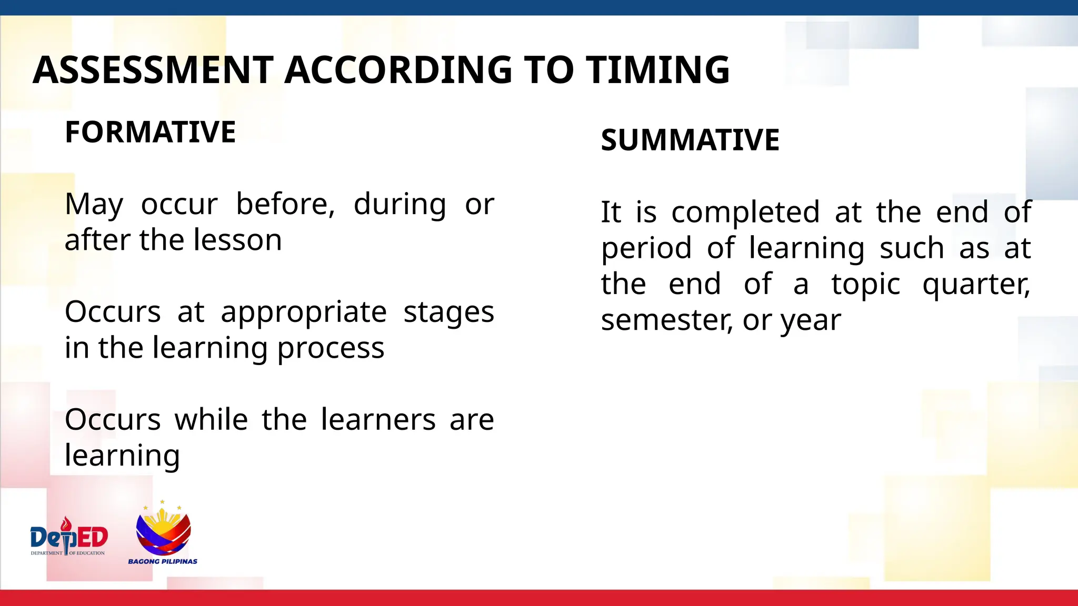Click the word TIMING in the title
pos(658,70)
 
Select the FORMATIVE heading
pos(150,132)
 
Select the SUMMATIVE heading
pos(690,140)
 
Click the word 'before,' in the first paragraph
pos(285,204)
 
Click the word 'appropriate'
pos(304,313)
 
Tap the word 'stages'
pos(448,313)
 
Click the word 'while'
pos(211,420)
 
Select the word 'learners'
pos(378,420)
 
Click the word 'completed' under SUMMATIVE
pos(745,213)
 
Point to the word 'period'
pos(646,249)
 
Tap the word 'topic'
pos(866,285)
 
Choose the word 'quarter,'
pos(976,285)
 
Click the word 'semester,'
pos(667,320)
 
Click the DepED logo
pos(68,537)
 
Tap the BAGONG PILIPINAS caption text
pos(163,561)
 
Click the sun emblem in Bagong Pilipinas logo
pos(163,521)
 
